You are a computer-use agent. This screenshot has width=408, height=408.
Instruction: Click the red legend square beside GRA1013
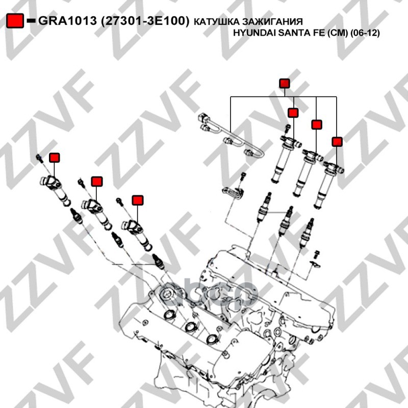pyautogui.click(x=15, y=20)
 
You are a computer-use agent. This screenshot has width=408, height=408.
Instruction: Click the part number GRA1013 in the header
pyautogui.click(x=67, y=21)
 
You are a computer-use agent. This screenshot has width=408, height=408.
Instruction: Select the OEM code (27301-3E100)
pyautogui.click(x=145, y=21)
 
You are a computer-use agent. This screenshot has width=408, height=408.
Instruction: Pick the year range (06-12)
pyautogui.click(x=365, y=33)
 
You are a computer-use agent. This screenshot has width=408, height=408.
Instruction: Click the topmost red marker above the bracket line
pyautogui.click(x=285, y=84)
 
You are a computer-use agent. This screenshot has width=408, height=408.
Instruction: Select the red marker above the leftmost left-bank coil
pyautogui.click(x=55, y=158)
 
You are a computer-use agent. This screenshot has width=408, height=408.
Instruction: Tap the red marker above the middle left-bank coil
pyautogui.click(x=97, y=182)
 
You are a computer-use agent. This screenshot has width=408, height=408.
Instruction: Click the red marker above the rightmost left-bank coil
pyautogui.click(x=138, y=200)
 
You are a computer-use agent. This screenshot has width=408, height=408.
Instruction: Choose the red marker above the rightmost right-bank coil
pyautogui.click(x=337, y=142)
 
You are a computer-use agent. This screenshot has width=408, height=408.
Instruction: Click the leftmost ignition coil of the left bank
pyautogui.click(x=55, y=190)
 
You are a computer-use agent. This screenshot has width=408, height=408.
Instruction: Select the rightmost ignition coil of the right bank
pyautogui.click(x=328, y=184)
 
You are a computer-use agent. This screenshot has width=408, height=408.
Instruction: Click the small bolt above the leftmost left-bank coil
pyautogui.click(x=40, y=158)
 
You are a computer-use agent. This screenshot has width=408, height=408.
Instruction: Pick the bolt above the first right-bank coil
pyautogui.click(x=288, y=129)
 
